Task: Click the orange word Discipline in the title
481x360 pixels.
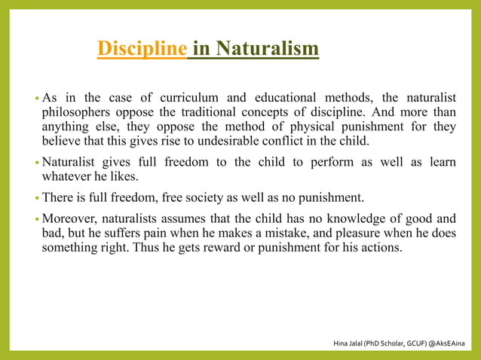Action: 142,50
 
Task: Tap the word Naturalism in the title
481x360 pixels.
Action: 265,50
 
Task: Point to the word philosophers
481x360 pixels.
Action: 75,112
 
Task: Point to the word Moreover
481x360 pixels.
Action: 71,219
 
